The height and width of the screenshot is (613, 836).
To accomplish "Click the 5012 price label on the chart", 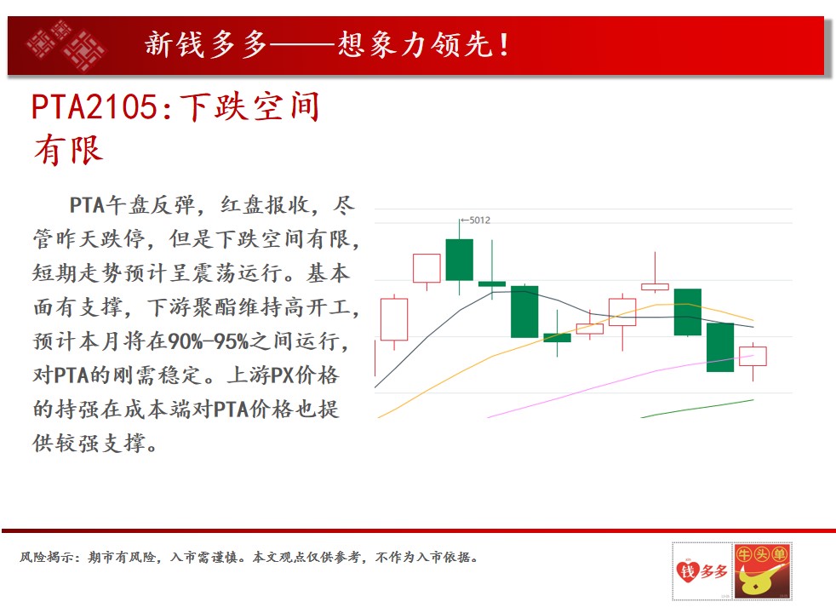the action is (479, 221).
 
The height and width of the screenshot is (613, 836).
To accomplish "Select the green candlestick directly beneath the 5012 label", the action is (459, 260).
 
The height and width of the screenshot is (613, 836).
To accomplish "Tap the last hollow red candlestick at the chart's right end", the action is (753, 356).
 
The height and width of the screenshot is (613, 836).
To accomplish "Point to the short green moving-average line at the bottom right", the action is (697, 409).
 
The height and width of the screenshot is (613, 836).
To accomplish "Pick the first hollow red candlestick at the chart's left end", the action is (394, 319).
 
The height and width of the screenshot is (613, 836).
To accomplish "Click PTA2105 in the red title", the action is (94, 106).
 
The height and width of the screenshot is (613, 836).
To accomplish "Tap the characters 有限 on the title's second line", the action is (69, 151).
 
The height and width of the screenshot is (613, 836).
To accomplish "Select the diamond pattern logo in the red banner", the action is (66, 46).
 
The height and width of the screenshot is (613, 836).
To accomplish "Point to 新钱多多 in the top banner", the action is (206, 44).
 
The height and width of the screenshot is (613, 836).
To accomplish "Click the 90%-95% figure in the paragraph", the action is (209, 341).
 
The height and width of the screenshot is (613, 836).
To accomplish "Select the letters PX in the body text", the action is (282, 375).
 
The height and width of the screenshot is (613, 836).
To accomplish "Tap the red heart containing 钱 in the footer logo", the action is (688, 571).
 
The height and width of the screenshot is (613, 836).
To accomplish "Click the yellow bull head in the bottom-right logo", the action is (756, 581).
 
